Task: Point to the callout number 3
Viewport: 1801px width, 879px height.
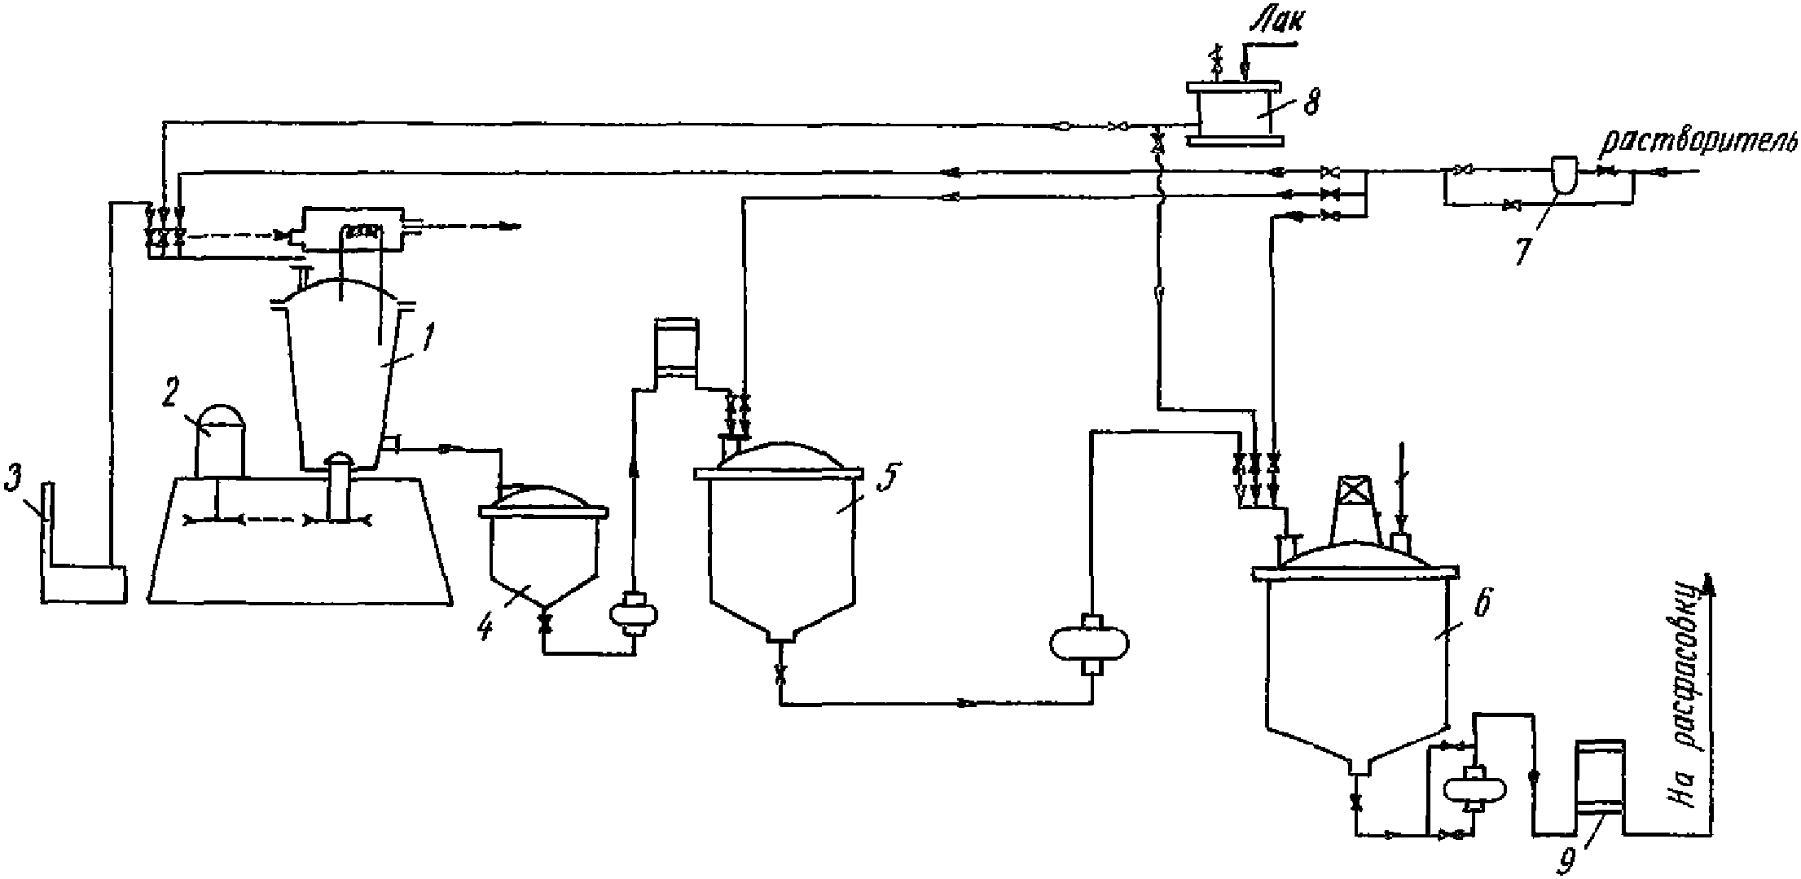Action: [x=12, y=481]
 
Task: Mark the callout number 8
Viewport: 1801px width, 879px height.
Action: [x=1307, y=103]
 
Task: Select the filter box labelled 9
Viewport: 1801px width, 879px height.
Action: [x=1599, y=786]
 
